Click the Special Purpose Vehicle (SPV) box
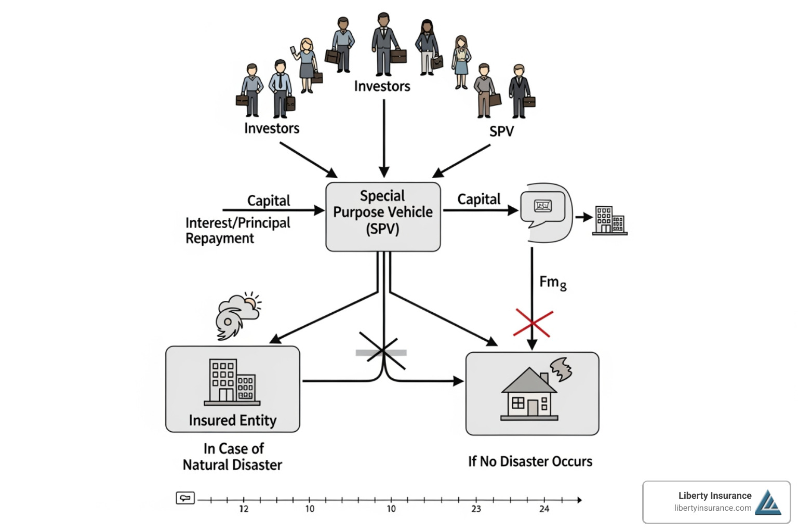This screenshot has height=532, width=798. point(383,217)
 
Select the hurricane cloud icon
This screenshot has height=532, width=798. point(237,315)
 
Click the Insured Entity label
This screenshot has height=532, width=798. point(232,420)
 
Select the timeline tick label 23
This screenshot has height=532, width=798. point(476,509)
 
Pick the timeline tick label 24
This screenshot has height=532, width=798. point(544,509)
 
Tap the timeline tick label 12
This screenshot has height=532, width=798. point(244,509)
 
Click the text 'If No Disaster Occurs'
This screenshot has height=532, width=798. point(530,461)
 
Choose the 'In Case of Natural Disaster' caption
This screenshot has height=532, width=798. point(233,457)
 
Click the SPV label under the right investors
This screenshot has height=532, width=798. point(501,131)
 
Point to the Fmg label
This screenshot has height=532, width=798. point(553,283)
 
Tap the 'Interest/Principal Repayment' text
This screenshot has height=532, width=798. point(237,231)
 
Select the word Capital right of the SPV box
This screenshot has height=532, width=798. point(478,199)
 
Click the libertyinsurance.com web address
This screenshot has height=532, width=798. point(712,508)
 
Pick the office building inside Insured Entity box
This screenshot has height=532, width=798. point(232,382)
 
